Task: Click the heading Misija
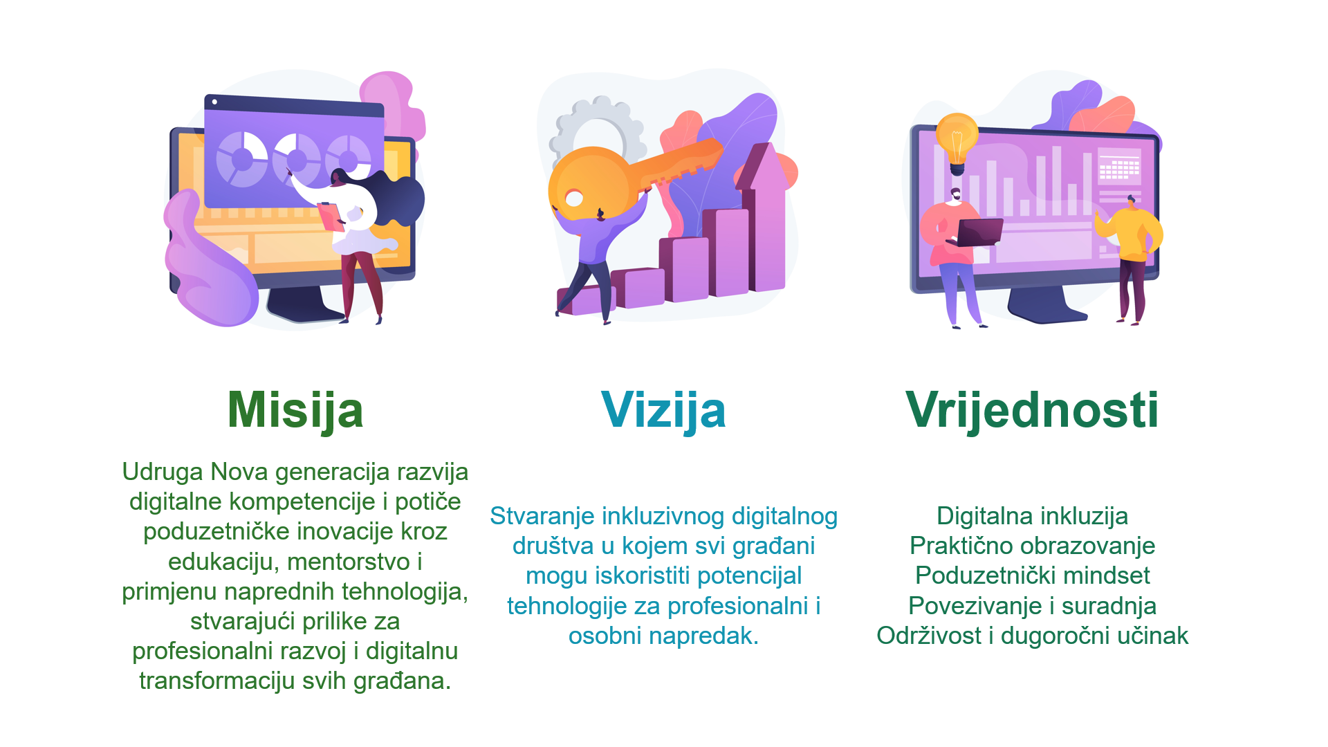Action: [295, 411]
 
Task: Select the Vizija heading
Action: [663, 411]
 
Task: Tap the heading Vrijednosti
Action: [1032, 409]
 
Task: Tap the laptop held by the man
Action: [977, 232]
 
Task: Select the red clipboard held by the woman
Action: [331, 216]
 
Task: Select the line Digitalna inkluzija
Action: [1032, 517]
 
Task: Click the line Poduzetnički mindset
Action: [1032, 575]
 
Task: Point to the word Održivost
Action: [928, 636]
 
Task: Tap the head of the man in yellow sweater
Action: [1132, 203]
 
